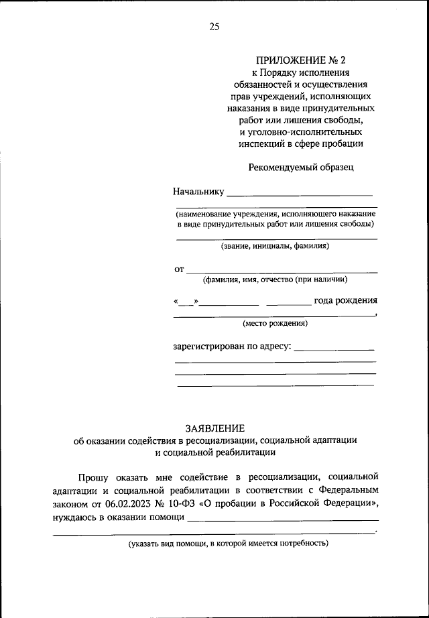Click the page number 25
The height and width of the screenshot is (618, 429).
214,27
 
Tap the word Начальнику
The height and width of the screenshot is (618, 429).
198,192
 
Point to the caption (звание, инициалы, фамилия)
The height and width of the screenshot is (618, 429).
275,246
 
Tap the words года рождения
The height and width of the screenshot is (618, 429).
345,300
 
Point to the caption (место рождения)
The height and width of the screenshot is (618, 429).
275,323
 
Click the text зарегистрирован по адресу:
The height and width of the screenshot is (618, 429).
231,347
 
